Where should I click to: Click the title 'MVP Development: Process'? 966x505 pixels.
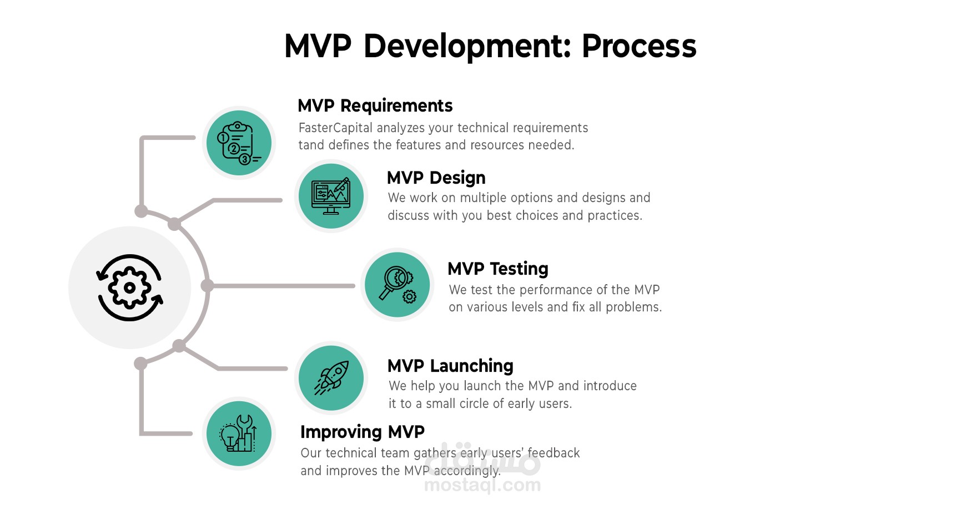click(490, 46)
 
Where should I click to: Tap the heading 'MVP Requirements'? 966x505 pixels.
click(375, 105)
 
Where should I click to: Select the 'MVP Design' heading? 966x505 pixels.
click(436, 178)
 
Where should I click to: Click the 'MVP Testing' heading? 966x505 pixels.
click(497, 269)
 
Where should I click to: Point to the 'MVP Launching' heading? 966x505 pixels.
click(450, 366)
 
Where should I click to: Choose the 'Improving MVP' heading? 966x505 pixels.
click(362, 432)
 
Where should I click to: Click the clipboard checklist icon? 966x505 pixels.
click(239, 143)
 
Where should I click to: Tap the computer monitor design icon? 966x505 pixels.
click(331, 196)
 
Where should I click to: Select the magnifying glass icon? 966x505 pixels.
click(394, 281)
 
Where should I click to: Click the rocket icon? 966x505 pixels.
click(331, 378)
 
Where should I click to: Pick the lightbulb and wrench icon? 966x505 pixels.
click(239, 433)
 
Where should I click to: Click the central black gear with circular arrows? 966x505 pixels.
click(130, 287)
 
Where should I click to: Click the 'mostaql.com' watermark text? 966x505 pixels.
click(482, 485)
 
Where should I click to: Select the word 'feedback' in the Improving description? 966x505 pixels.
click(553, 453)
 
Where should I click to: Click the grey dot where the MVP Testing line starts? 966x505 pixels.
click(208, 286)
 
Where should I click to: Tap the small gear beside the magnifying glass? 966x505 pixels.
click(409, 297)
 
